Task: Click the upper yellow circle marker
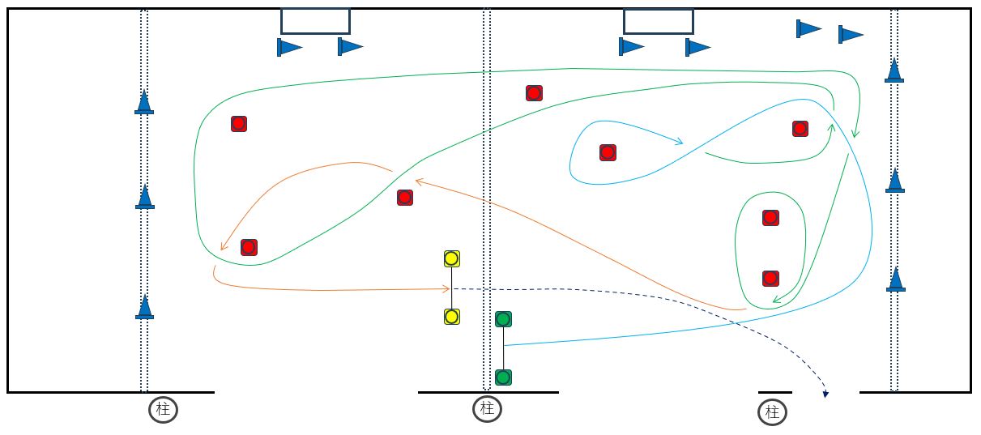click(452, 258)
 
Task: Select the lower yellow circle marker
click(452, 317)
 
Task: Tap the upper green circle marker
click(503, 319)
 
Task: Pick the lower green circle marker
click(503, 377)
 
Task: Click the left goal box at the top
click(315, 21)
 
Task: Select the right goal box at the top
click(658, 21)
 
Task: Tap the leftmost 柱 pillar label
click(163, 410)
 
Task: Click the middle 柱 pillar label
click(487, 409)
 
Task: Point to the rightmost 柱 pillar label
click(772, 412)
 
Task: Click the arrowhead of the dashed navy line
click(825, 394)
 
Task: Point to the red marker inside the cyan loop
click(608, 152)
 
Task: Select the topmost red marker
click(534, 93)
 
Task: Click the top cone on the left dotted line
click(144, 102)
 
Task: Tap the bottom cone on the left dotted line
click(145, 307)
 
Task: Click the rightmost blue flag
click(850, 35)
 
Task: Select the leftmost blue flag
click(288, 47)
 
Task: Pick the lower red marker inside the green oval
click(770, 279)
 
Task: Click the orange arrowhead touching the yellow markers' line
click(447, 288)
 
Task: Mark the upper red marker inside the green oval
click(770, 218)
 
